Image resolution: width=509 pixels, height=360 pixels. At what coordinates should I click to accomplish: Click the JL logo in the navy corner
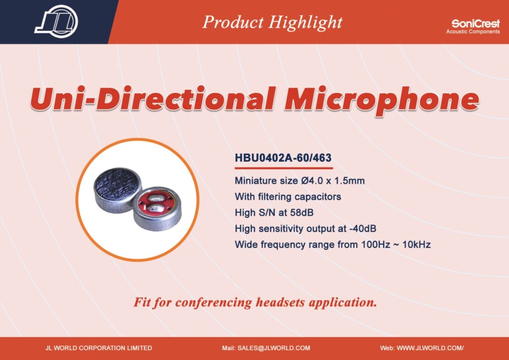click(56, 21)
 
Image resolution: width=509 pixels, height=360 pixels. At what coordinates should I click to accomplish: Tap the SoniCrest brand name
click(476, 24)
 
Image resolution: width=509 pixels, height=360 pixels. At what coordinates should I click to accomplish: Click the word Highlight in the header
click(306, 22)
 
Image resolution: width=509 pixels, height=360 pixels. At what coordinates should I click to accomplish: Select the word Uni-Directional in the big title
click(153, 98)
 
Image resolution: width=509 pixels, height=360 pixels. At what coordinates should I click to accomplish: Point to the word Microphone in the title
click(382, 100)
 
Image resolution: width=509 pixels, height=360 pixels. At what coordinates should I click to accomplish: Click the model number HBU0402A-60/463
click(283, 158)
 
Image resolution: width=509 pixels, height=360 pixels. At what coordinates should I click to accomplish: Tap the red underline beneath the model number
click(284, 168)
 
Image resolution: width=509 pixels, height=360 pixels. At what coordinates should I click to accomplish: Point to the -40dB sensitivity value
click(362, 229)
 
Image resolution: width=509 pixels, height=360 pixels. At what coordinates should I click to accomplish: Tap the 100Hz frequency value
click(376, 245)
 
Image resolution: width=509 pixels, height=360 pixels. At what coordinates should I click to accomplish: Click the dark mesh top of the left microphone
click(117, 184)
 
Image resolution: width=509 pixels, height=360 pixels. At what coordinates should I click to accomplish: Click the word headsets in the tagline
click(280, 302)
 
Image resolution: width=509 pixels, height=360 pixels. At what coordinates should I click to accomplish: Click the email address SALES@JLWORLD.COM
click(274, 348)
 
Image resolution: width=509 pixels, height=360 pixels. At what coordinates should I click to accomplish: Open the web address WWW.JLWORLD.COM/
click(430, 348)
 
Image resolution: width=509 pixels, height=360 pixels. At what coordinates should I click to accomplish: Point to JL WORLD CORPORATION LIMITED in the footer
click(99, 348)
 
